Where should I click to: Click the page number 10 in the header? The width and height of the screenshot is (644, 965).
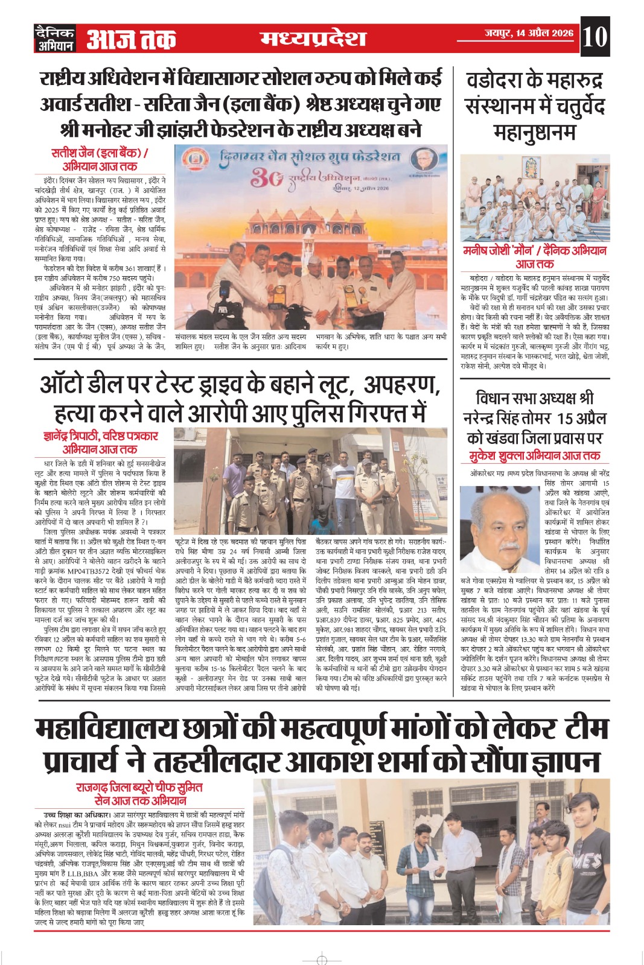[x=595, y=37]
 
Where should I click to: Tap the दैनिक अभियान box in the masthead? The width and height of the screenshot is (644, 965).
[x=55, y=39]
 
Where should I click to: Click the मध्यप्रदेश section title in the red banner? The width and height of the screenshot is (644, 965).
[x=313, y=38]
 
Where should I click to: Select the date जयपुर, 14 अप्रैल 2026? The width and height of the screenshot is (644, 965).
[x=529, y=33]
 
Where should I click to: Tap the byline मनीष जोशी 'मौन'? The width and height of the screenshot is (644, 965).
[x=534, y=251]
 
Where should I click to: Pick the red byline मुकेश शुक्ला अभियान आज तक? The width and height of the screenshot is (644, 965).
[x=535, y=456]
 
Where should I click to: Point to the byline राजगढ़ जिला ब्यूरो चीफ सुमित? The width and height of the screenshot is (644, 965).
[x=139, y=788]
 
